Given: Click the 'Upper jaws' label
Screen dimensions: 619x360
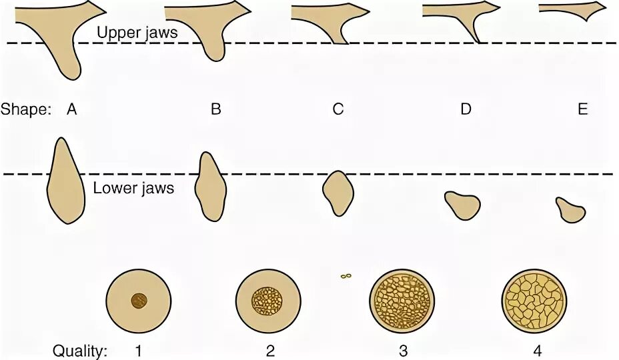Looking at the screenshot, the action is coord(137,31).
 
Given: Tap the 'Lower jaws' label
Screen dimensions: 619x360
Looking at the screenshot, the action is coord(133,188).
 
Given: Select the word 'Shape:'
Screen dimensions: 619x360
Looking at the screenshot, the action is coord(26,109).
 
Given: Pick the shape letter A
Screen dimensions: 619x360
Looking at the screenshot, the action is coord(72,109).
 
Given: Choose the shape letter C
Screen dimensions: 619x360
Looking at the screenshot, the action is coord(338,109).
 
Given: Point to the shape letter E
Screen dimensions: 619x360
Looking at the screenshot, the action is coord(582,109).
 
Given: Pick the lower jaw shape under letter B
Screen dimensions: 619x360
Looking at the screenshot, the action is coord(211,187).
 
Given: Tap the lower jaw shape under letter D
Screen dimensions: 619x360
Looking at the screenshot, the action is coord(462,204).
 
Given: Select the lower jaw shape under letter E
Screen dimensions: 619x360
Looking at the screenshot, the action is coord(570,210).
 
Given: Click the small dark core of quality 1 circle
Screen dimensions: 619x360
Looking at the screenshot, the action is coord(139,301).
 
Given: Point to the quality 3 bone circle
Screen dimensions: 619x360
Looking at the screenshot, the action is coord(402,301).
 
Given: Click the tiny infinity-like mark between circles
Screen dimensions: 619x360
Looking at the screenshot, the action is coord(346,275).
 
